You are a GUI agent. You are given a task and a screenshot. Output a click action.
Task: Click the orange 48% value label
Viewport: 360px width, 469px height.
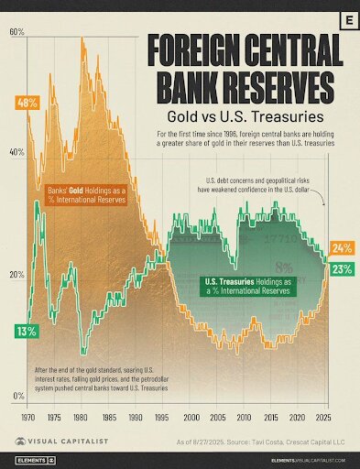(26, 102)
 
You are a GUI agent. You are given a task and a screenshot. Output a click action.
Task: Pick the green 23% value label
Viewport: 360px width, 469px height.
(343, 269)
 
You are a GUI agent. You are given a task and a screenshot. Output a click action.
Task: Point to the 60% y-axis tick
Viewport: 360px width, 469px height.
(16, 32)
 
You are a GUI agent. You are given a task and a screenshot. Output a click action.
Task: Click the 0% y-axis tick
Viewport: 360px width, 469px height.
(18, 396)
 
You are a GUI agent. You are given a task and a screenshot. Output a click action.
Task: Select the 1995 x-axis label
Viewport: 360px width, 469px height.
(162, 417)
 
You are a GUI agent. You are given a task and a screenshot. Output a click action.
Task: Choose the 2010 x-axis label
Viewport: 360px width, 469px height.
(242, 417)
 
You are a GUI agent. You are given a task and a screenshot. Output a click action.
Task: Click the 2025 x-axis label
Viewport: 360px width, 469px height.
(322, 417)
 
